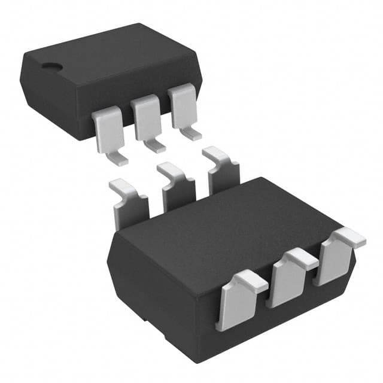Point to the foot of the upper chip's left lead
click(118, 159)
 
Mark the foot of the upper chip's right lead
click(192, 133)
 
